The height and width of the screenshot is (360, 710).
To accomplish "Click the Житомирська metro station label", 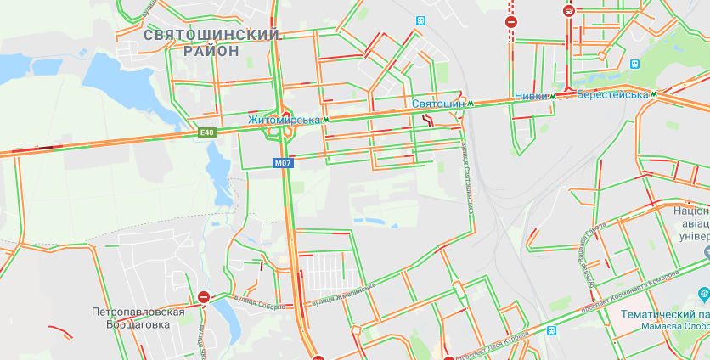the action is pos(284,121).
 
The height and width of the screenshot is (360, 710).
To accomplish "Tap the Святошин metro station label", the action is pos(438,104).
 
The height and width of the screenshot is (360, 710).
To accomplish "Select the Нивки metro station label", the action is pos(531,95).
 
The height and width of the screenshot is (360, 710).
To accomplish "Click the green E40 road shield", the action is pos(208,132).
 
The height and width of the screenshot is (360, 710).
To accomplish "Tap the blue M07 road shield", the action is pos(283,162).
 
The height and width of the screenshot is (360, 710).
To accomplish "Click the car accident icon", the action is pos(569,12).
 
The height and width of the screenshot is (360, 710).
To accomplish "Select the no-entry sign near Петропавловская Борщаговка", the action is pos(204,296).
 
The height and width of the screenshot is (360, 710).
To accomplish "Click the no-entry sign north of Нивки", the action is pos(510,22).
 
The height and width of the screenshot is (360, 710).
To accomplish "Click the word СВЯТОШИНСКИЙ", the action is pos(212,35).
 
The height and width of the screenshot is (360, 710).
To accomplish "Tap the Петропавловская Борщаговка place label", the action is pos(138,318).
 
